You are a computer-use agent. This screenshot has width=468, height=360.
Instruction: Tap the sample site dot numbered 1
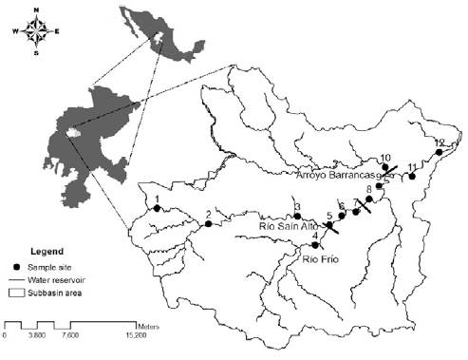tap(158, 209)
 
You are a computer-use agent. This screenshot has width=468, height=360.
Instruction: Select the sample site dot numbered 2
tap(208, 224)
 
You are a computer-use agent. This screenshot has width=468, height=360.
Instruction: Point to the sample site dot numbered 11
tap(412, 176)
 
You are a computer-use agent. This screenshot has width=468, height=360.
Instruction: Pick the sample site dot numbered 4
tap(314, 245)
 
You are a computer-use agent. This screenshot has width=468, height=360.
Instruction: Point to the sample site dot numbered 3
tap(297, 216)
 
